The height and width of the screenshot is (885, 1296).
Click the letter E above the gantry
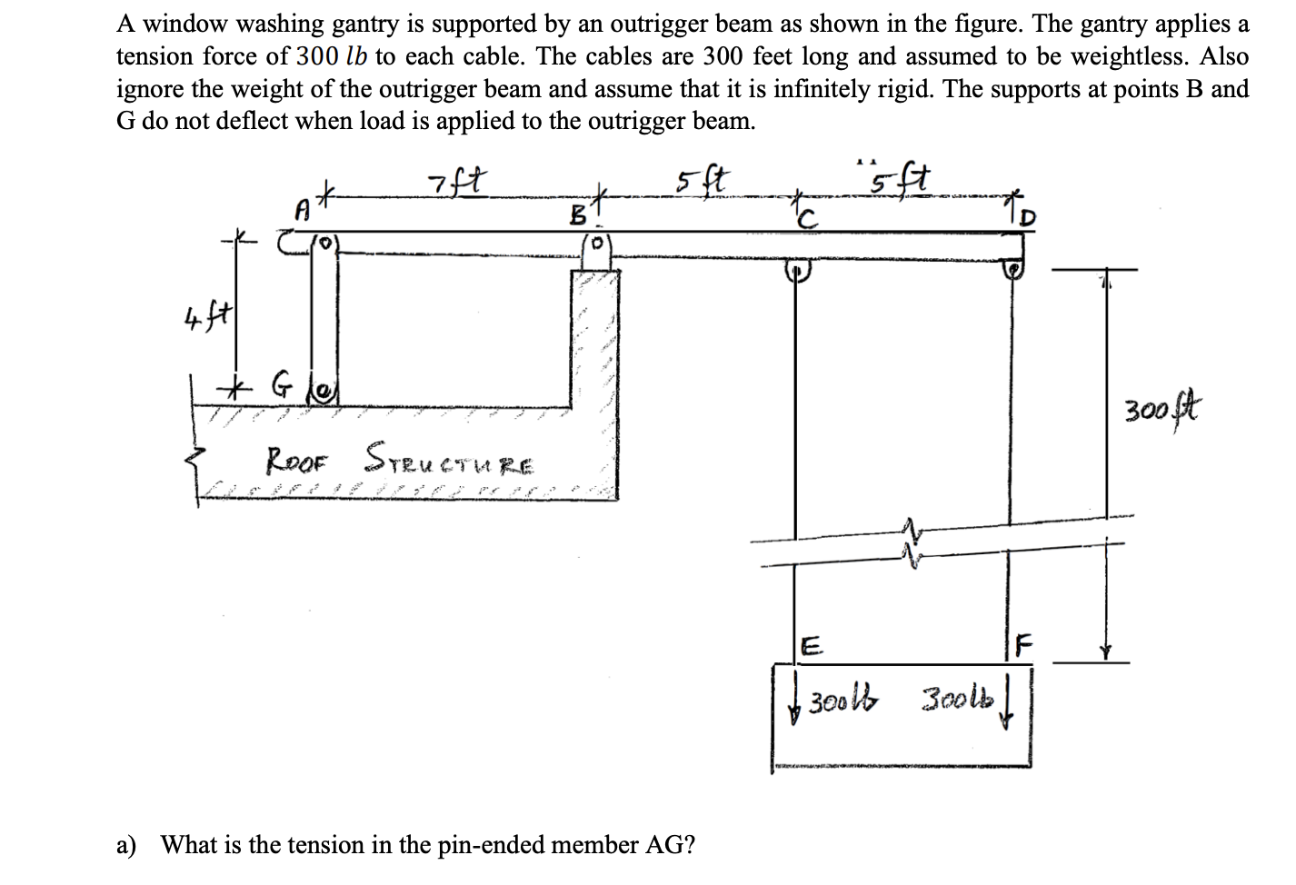[x=812, y=646]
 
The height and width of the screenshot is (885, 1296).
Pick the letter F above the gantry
[x=1023, y=647]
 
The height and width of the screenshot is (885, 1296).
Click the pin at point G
[x=324, y=392]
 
